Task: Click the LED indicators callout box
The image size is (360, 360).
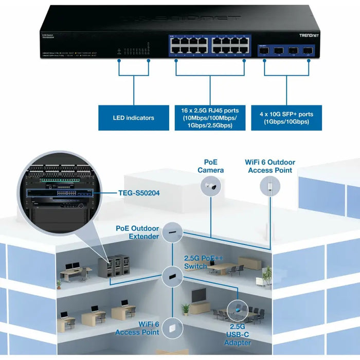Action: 133,118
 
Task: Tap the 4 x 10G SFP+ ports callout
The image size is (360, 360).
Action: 286,118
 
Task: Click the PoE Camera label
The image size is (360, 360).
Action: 210,166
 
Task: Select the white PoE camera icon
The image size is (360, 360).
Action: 210,188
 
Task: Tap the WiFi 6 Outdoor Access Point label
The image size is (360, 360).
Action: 270,166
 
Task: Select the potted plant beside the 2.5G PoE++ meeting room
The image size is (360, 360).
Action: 266,276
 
